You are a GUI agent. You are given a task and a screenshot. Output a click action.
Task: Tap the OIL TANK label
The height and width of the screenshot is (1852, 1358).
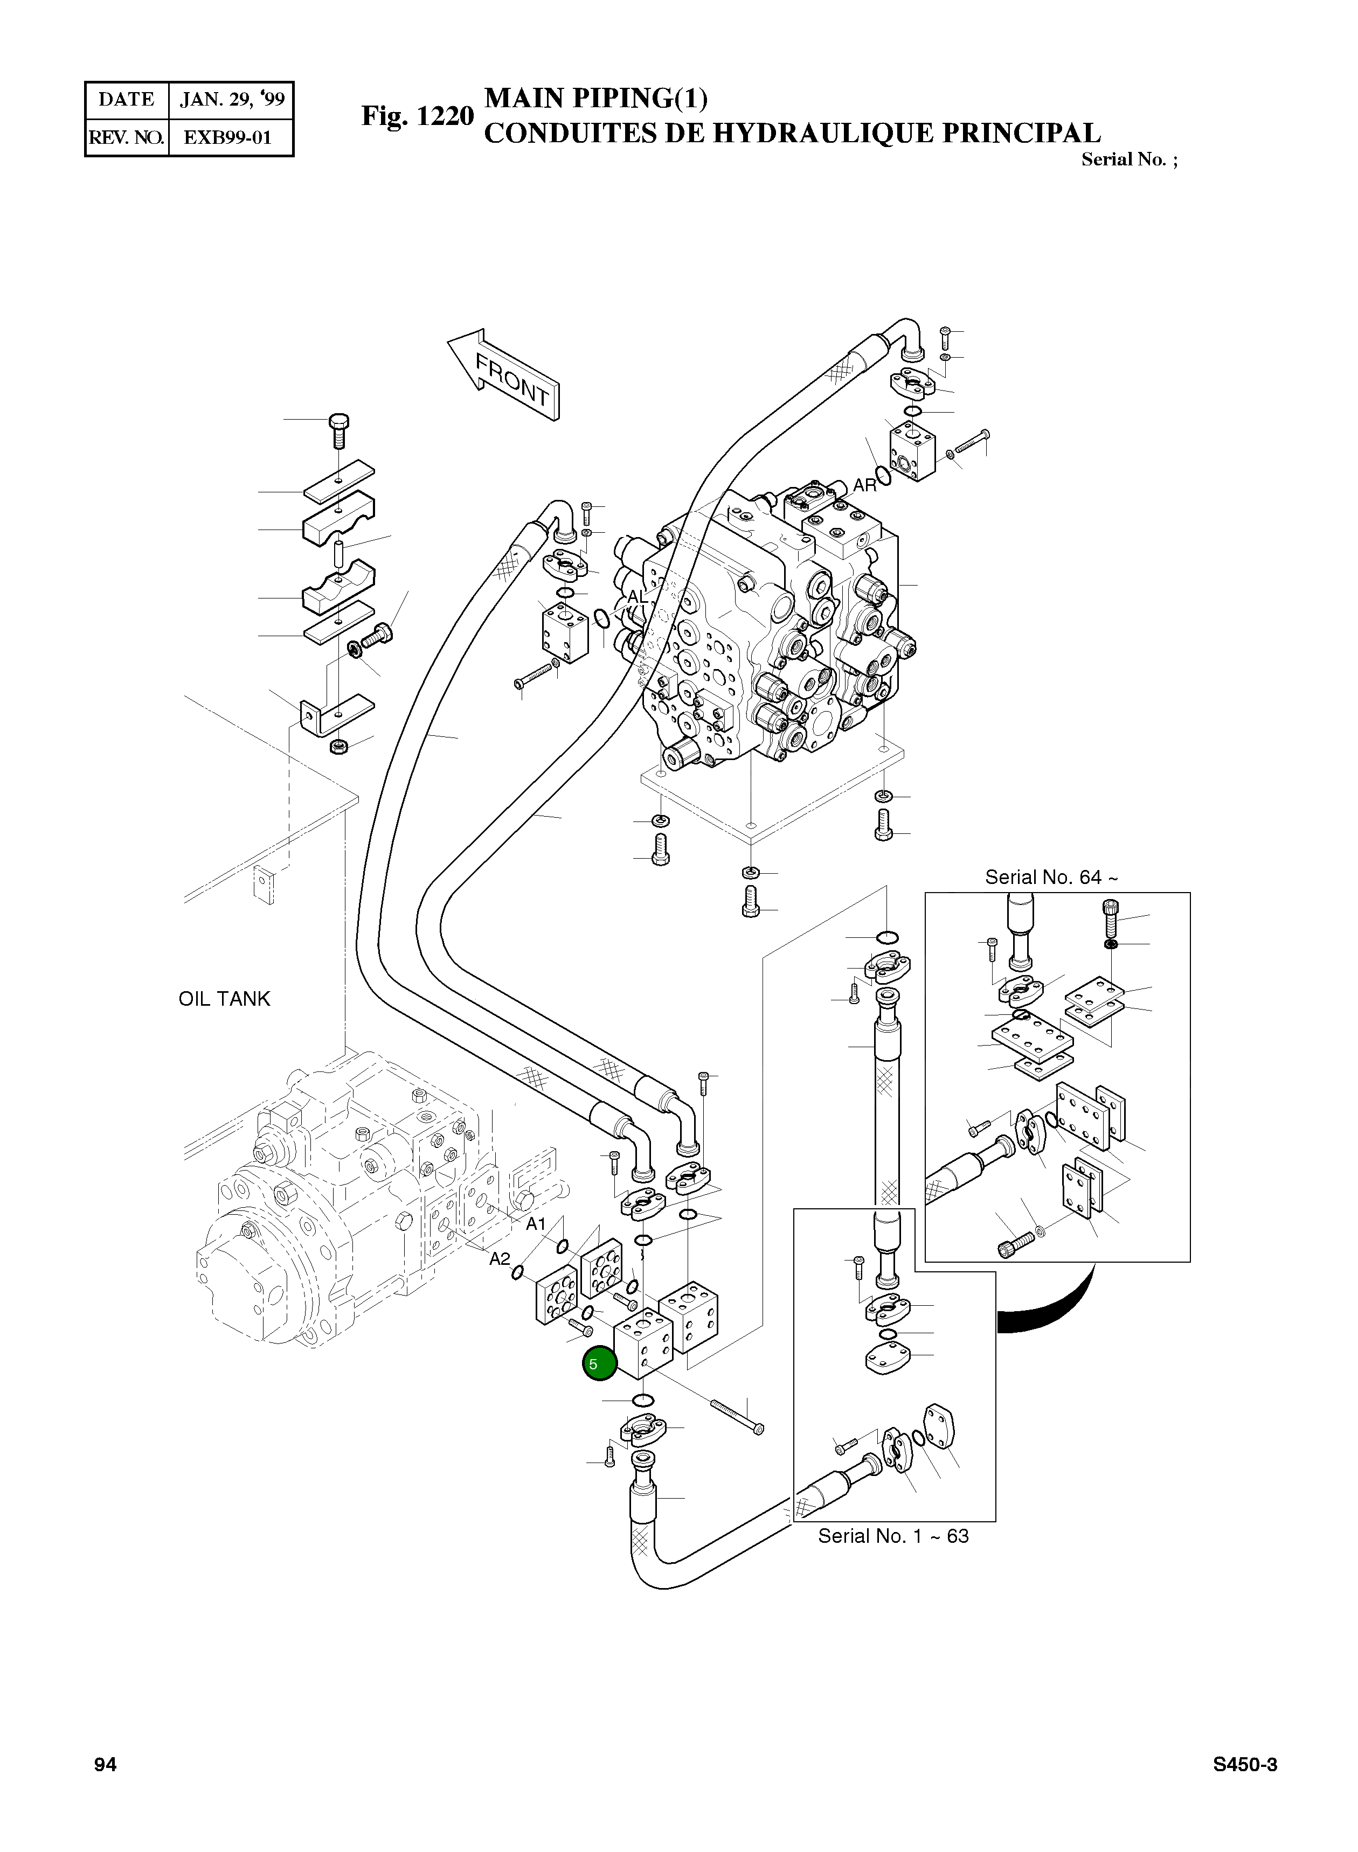click(224, 999)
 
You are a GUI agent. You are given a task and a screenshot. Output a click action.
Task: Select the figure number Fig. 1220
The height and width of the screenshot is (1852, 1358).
click(418, 117)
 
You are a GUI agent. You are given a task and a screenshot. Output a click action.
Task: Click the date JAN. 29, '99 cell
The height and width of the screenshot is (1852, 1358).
click(232, 100)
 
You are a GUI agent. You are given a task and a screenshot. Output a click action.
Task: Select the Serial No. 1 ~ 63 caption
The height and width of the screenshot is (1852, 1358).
click(893, 1536)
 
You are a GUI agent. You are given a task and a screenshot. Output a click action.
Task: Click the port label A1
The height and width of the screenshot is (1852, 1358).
click(536, 1225)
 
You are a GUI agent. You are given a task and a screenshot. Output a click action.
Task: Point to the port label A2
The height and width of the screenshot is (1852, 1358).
click(500, 1259)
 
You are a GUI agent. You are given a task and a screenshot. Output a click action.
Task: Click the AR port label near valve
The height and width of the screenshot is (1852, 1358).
click(865, 485)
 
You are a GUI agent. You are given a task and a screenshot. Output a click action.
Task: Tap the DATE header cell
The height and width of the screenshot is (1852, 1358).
click(127, 100)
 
